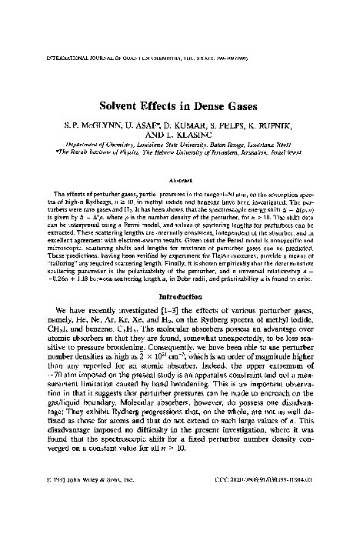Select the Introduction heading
[180, 318]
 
